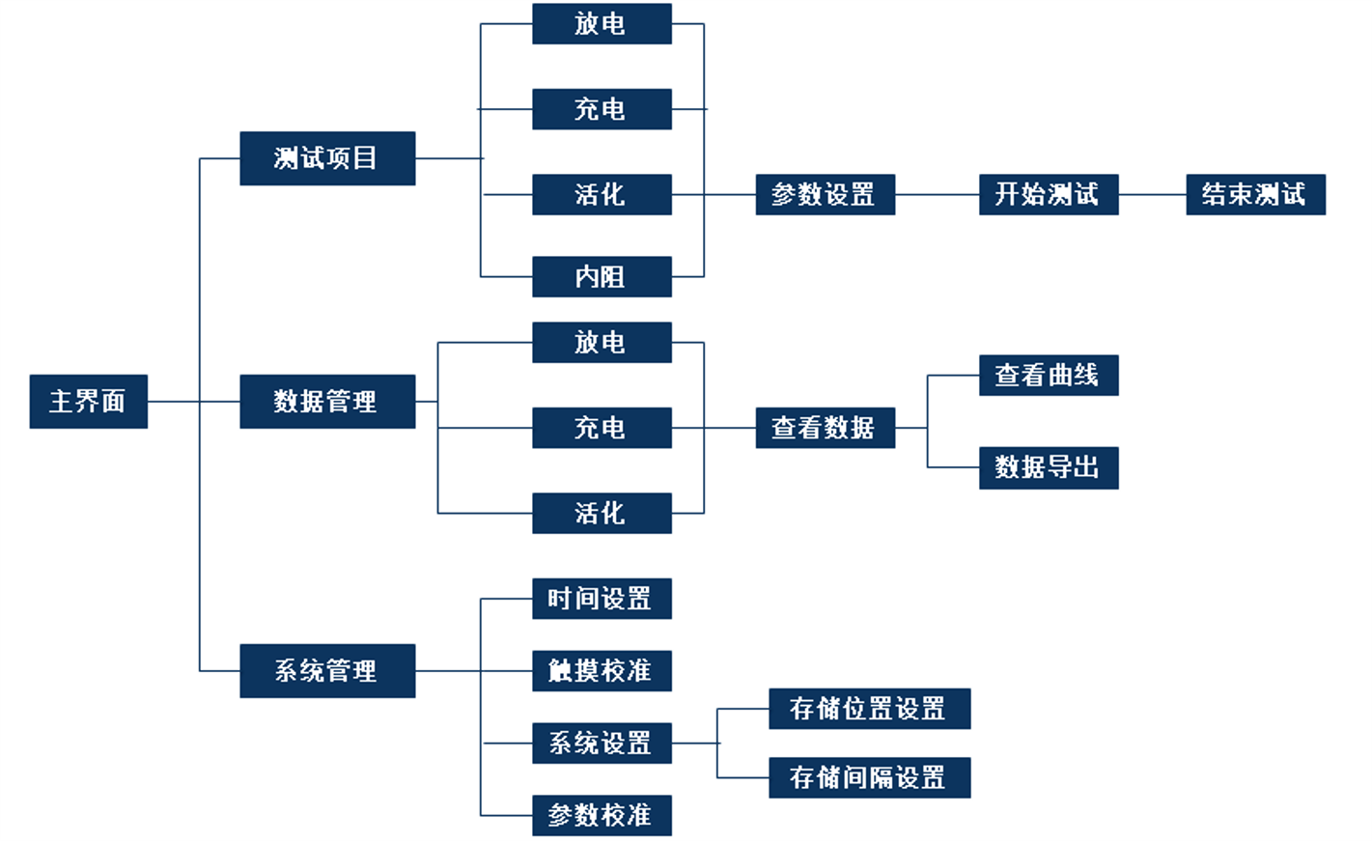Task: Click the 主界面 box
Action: pos(89,401)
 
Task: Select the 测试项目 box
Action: pos(327,158)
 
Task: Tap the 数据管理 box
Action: pos(327,401)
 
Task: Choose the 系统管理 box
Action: pos(327,670)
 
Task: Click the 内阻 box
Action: pos(602,277)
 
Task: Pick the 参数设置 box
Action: pos(825,194)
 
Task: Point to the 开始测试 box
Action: pos(1049,194)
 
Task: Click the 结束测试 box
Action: pos(1255,194)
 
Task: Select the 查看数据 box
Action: pos(825,428)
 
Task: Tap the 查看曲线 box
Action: pos(1049,375)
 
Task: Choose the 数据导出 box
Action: pos(1049,467)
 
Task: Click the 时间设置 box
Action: pos(602,599)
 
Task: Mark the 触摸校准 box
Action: pos(602,670)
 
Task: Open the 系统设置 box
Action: pos(602,743)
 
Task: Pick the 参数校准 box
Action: pos(602,815)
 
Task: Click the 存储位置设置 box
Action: pos(869,709)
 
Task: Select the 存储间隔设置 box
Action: pos(869,777)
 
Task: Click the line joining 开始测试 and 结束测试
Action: pos(1152,194)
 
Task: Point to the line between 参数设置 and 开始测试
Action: pos(937,194)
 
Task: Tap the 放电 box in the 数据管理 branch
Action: pos(602,342)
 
